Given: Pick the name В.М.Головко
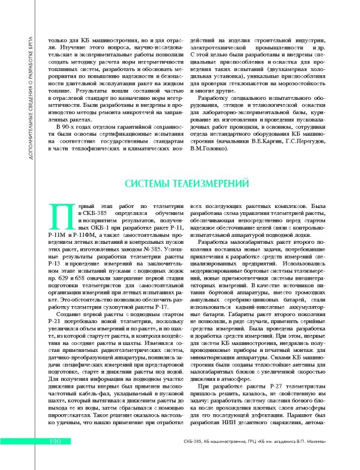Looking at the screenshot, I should pos(210,149).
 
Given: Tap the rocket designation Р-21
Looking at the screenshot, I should pos(58,323).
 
